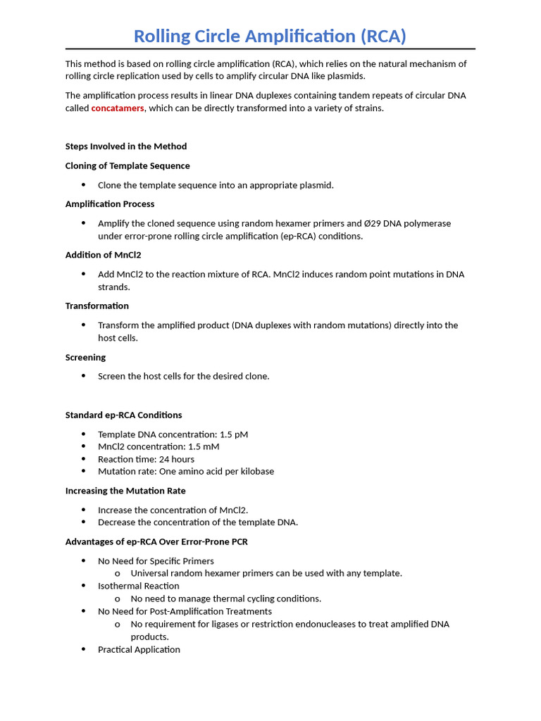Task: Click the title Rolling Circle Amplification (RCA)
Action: (x=270, y=36)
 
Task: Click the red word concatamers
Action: (x=118, y=108)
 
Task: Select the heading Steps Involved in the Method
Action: (x=126, y=146)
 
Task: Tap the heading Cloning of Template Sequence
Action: (x=128, y=166)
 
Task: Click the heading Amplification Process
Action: (x=110, y=204)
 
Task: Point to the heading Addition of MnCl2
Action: (x=104, y=255)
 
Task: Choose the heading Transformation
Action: (x=97, y=306)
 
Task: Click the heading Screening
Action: (x=86, y=358)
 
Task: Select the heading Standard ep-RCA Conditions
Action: (x=124, y=415)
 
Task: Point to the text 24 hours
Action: (x=177, y=459)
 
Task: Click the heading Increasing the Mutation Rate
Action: (x=125, y=491)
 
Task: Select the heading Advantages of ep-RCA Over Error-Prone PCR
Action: (x=156, y=542)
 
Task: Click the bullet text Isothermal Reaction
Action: (x=139, y=586)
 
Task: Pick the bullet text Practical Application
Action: (x=139, y=650)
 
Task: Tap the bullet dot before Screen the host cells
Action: (x=83, y=376)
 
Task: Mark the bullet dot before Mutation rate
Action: (x=83, y=472)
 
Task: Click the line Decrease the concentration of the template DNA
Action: (x=198, y=522)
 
